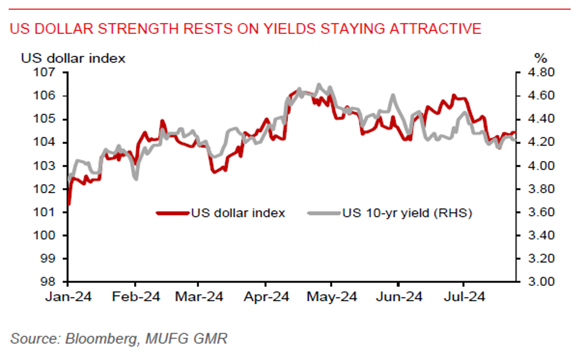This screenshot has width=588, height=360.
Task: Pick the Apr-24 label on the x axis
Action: coord(265,297)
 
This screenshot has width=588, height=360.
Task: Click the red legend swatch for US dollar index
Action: coord(173,213)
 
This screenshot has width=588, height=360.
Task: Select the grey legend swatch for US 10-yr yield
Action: coord(324,213)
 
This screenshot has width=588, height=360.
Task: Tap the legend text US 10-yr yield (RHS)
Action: coord(407,213)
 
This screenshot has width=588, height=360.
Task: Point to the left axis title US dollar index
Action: coord(73,58)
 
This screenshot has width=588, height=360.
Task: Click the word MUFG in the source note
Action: coord(162,338)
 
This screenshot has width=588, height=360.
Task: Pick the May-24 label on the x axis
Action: coord(331,297)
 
